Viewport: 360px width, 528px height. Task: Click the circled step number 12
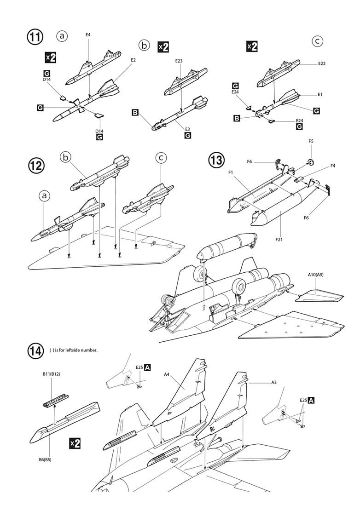tap(36, 166)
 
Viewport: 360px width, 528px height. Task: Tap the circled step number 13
tap(217, 161)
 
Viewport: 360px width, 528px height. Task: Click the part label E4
tap(88, 35)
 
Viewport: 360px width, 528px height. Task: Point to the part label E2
tap(133, 60)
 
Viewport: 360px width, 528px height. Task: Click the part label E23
tap(179, 61)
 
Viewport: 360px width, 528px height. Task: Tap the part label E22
tap(321, 63)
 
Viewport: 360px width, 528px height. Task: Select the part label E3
tap(187, 129)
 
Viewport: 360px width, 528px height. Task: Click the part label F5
tap(311, 141)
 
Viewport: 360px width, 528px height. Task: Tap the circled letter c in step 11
tap(317, 41)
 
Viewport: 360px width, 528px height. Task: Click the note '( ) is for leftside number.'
tap(74, 350)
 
